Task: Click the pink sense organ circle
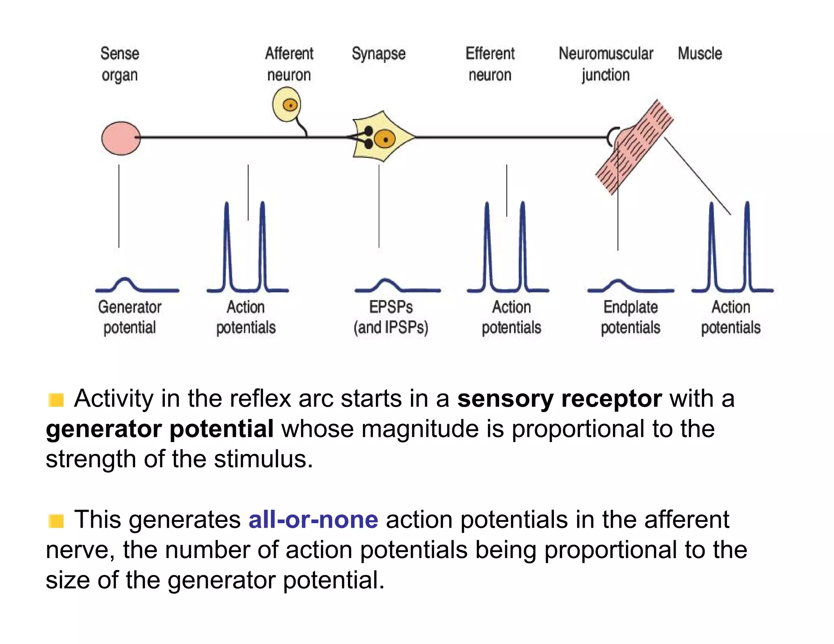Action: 121,138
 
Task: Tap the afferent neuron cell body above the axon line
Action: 287,105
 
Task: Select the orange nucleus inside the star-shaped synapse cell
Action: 384,140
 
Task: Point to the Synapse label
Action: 378,54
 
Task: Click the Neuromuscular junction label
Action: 606,64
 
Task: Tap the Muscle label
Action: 700,54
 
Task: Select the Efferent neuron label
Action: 490,64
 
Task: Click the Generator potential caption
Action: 129,317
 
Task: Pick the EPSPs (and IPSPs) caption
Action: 391,317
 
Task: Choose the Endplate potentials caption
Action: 630,317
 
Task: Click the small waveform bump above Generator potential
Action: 125,283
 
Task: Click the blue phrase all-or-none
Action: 313,519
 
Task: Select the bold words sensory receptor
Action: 559,398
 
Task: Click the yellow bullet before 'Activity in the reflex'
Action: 56,400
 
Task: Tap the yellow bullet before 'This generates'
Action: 56,521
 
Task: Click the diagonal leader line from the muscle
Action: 697,175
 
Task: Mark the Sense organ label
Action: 120,64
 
